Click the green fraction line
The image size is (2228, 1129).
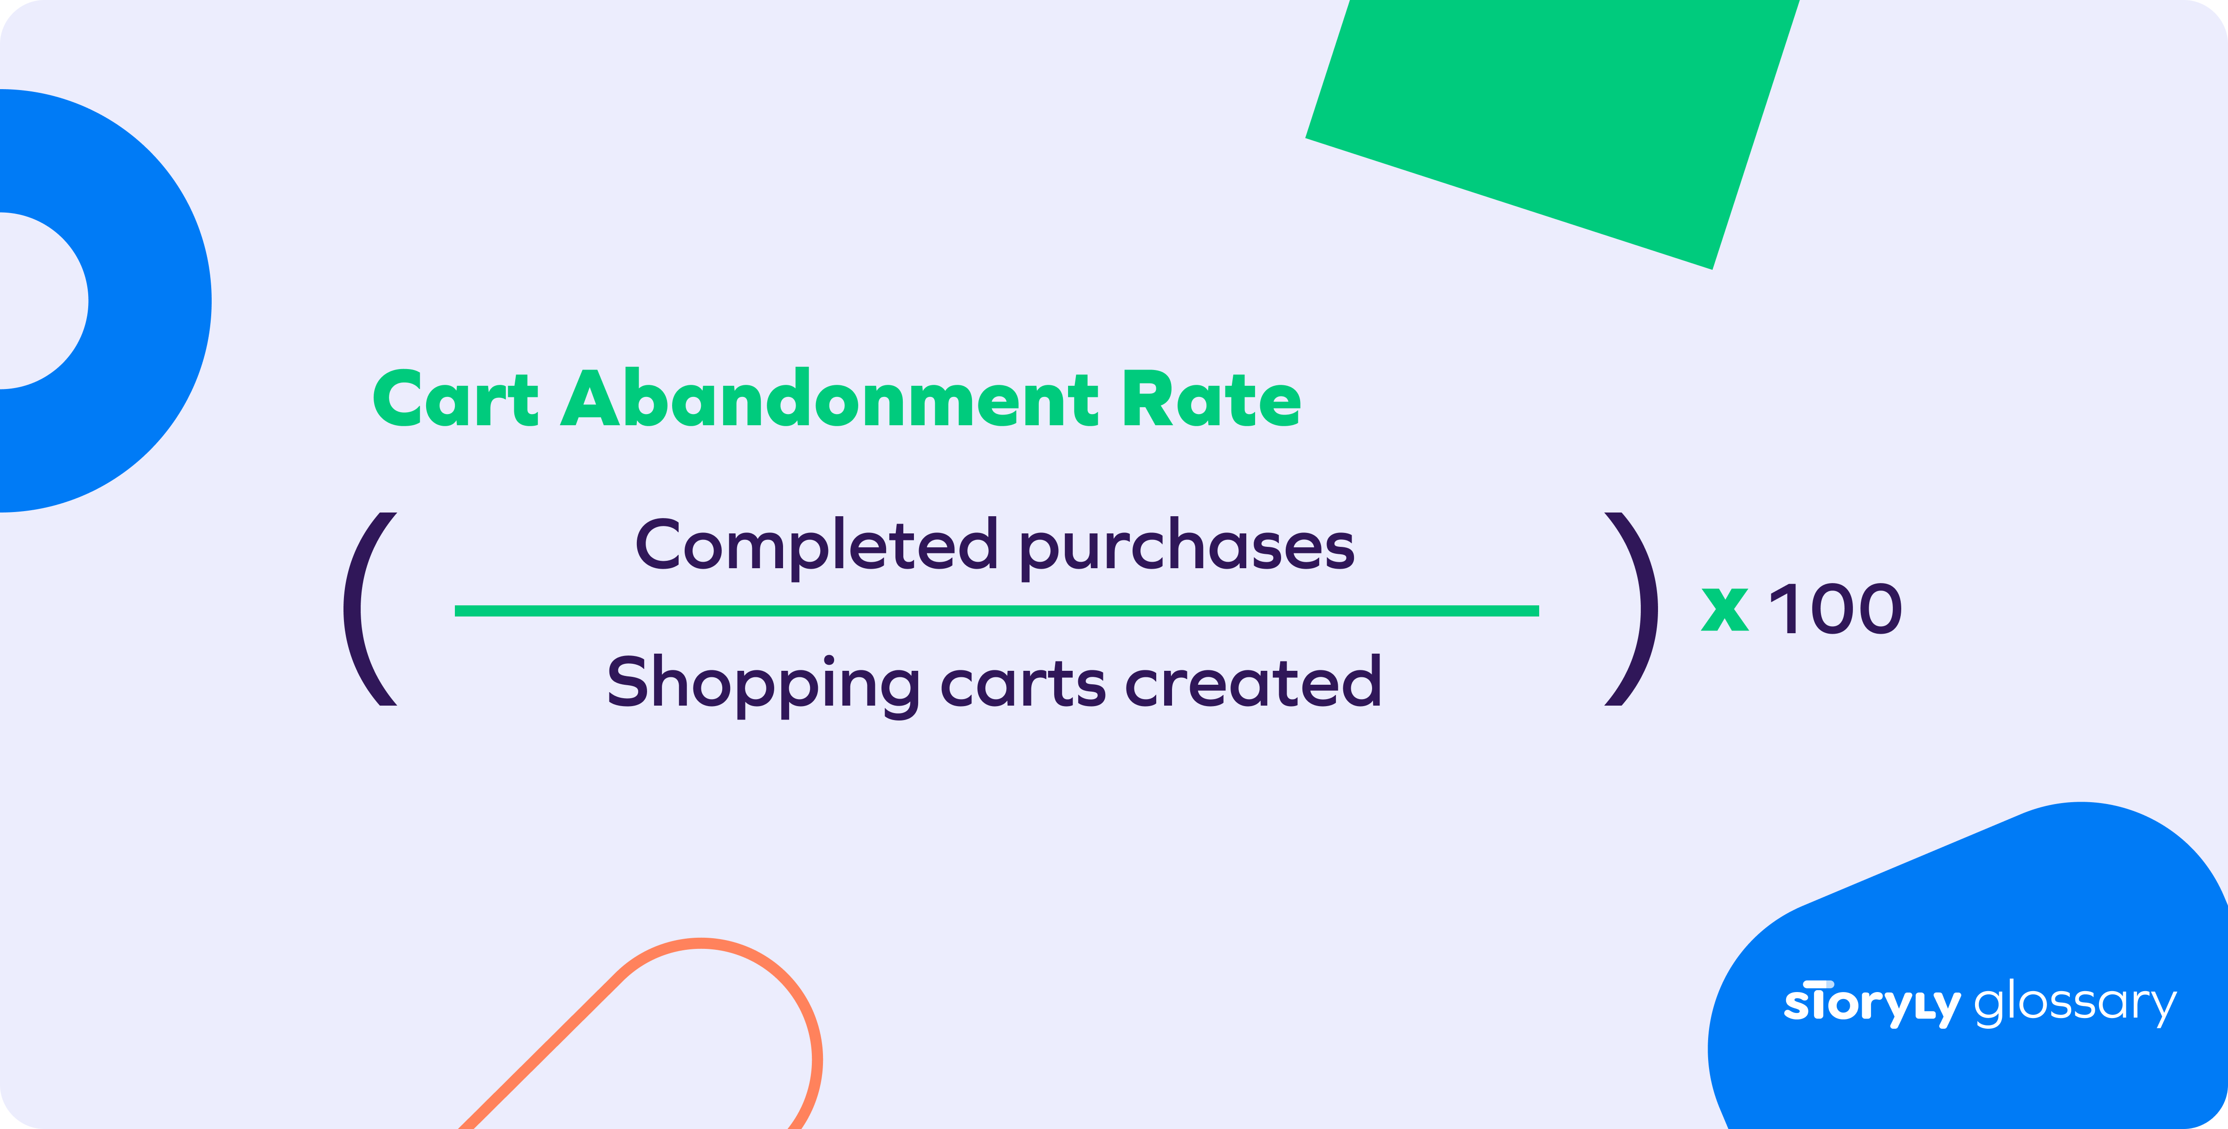tap(997, 611)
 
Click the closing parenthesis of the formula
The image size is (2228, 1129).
tap(1635, 609)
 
